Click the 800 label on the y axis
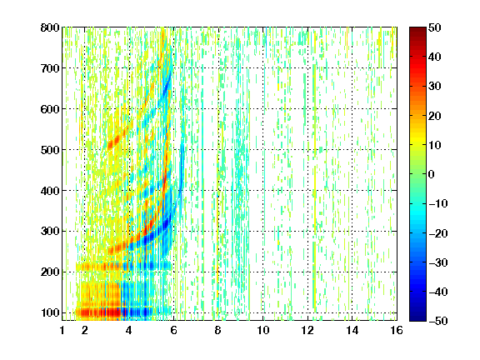(50, 27)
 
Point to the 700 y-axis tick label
(50, 68)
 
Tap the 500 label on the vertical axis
(50, 150)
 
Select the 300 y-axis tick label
(50, 232)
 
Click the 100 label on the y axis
(50, 312)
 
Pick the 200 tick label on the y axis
(50, 272)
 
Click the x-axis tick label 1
(62, 330)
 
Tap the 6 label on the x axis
(173, 330)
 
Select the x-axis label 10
(263, 330)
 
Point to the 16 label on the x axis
(397, 330)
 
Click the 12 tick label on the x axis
(307, 330)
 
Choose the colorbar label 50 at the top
(435, 27)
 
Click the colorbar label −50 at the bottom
(438, 321)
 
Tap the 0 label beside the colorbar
(432, 174)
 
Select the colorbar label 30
(435, 87)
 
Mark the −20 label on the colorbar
(438, 233)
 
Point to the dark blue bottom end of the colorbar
(417, 318)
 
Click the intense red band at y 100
(99, 312)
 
